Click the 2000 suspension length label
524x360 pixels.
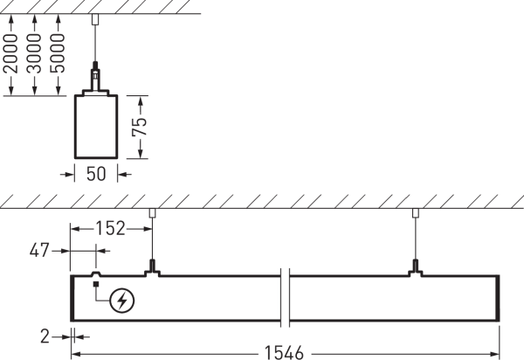(10, 53)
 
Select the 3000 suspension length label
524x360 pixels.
(34, 53)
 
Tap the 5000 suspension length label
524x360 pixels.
(57, 53)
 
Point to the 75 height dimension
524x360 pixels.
(140, 127)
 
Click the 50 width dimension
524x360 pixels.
(96, 174)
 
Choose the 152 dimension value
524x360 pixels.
(110, 228)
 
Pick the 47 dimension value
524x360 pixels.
(39, 250)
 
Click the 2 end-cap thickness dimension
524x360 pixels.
(45, 336)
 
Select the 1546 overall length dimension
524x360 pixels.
(284, 353)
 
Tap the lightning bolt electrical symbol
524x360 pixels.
(122, 301)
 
